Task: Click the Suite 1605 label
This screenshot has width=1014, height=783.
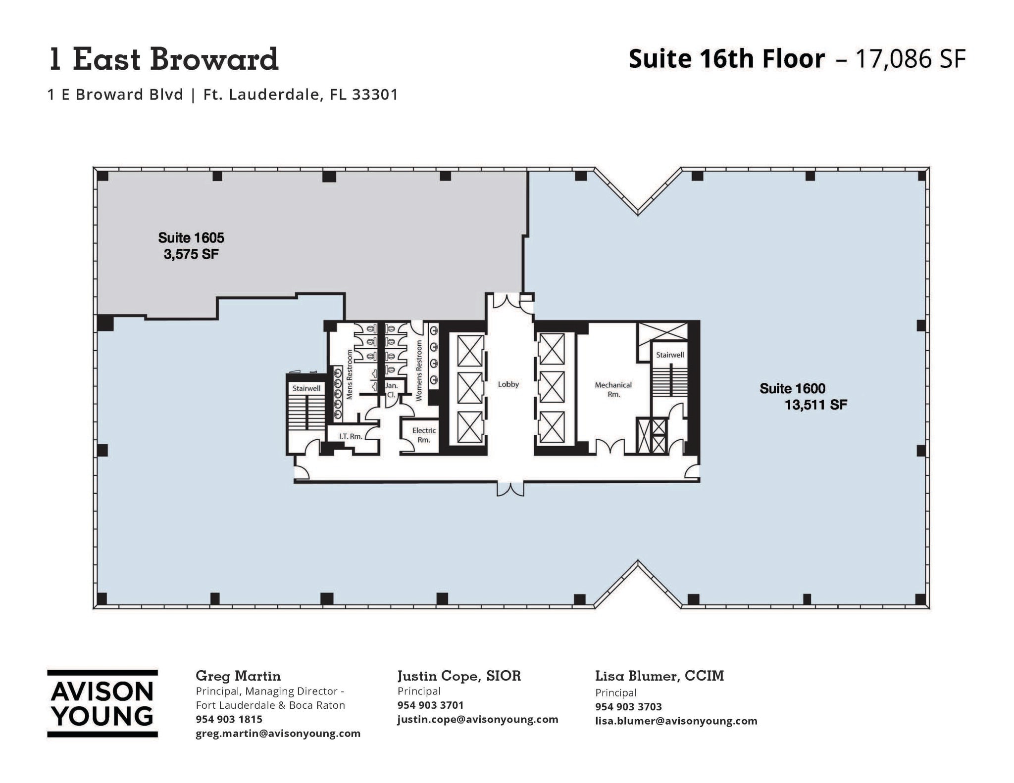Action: pos(191,238)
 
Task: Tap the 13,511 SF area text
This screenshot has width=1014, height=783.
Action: pos(815,405)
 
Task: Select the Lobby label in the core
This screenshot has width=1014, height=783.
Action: pos(508,384)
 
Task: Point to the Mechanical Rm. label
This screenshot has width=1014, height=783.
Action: pos(613,389)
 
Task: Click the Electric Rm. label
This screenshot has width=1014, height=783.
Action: pos(424,435)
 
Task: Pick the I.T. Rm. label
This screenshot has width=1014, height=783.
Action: pos(350,436)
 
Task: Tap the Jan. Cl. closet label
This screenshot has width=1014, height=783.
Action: pos(391,390)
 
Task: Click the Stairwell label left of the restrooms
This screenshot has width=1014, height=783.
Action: pos(306,389)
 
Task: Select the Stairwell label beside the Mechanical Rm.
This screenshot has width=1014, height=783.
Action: pos(669,355)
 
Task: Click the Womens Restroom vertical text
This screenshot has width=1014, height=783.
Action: pos(419,370)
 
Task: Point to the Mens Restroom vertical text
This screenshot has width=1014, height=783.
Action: pos(350,375)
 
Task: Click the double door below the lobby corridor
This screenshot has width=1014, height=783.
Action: pos(510,489)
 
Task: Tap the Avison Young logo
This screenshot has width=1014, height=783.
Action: pos(102,704)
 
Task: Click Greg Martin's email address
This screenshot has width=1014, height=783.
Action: pos(278,734)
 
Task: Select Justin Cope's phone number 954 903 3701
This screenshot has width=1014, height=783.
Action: pos(430,705)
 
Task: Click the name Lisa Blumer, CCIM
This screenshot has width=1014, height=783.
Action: pos(659,676)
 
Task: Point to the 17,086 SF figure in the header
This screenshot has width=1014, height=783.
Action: pos(910,59)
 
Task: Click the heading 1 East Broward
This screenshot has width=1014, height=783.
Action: pos(163,59)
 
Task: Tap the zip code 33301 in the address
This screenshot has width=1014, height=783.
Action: pos(375,94)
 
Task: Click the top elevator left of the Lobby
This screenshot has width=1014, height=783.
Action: pos(469,350)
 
